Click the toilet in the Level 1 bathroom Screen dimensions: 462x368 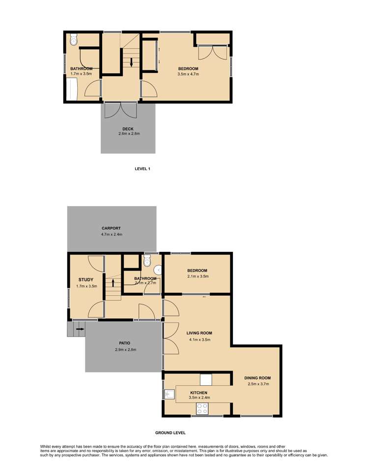coord(73,39)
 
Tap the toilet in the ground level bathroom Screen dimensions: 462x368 coord(147,261)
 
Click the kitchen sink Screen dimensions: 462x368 coord(169,394)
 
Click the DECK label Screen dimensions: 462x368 coord(128,129)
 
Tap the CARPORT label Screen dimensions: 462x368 coord(111,228)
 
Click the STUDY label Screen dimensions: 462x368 coord(86,279)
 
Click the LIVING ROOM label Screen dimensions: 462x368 coord(199,333)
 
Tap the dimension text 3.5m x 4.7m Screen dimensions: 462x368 coord(188,74)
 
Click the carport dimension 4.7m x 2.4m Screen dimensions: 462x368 coord(111,235)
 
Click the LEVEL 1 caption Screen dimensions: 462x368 coord(142,169)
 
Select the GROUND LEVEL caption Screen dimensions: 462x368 coord(170,432)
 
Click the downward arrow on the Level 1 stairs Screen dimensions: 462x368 coord(131,62)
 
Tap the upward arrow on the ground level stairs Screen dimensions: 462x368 coord(113,283)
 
